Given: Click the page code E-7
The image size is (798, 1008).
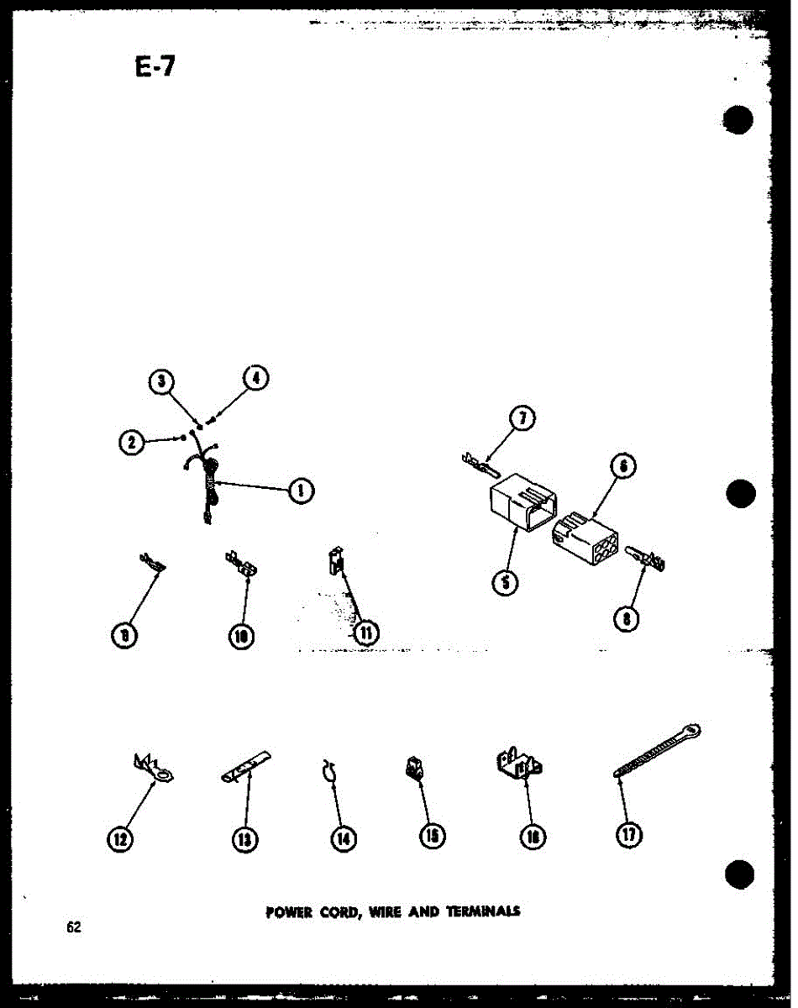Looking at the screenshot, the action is [155, 65].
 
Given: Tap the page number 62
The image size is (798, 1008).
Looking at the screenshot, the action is [74, 928].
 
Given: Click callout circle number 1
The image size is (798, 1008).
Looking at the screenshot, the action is [299, 490].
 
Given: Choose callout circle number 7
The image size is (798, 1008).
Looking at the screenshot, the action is [523, 419].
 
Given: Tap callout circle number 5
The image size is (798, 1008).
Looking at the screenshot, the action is [504, 581].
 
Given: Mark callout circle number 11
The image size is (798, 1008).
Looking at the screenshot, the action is [365, 632].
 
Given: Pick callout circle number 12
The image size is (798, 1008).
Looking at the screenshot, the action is [123, 837].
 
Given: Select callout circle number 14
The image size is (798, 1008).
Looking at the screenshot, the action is [343, 837].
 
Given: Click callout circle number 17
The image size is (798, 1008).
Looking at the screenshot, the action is [630, 833].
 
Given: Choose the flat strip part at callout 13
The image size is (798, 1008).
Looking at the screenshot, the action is [246, 765].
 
